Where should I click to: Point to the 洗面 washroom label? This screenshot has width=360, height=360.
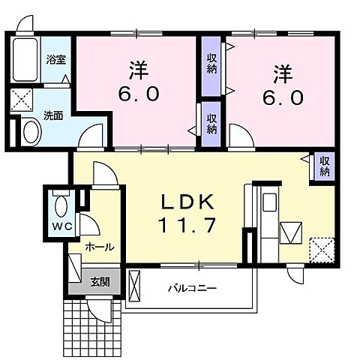(52, 116)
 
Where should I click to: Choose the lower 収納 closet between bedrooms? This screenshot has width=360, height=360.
(211, 123)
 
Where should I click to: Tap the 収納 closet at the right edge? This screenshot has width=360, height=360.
(323, 166)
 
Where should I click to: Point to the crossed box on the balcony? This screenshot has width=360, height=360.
(135, 285)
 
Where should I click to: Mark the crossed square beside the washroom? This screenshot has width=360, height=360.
(22, 100)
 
